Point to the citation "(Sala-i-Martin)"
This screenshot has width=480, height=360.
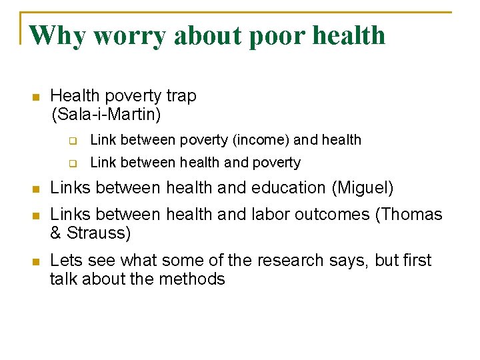pos(106,115)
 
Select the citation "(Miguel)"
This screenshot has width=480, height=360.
pos(363,188)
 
